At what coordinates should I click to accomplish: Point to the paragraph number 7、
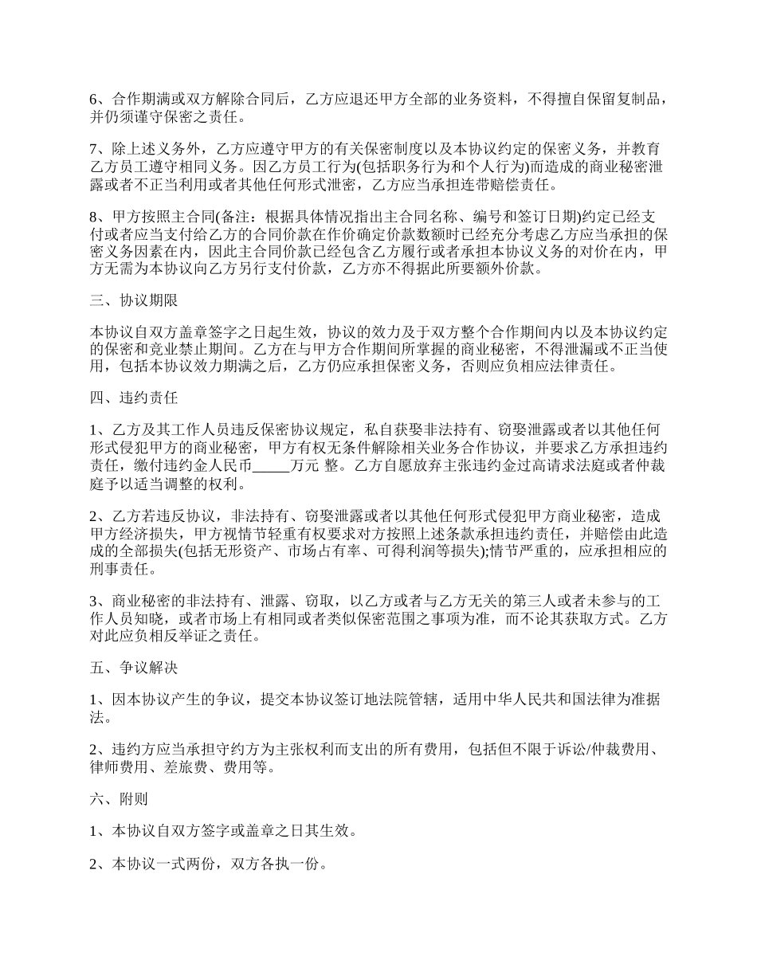pos(99,149)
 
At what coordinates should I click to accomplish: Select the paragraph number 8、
pos(99,218)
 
